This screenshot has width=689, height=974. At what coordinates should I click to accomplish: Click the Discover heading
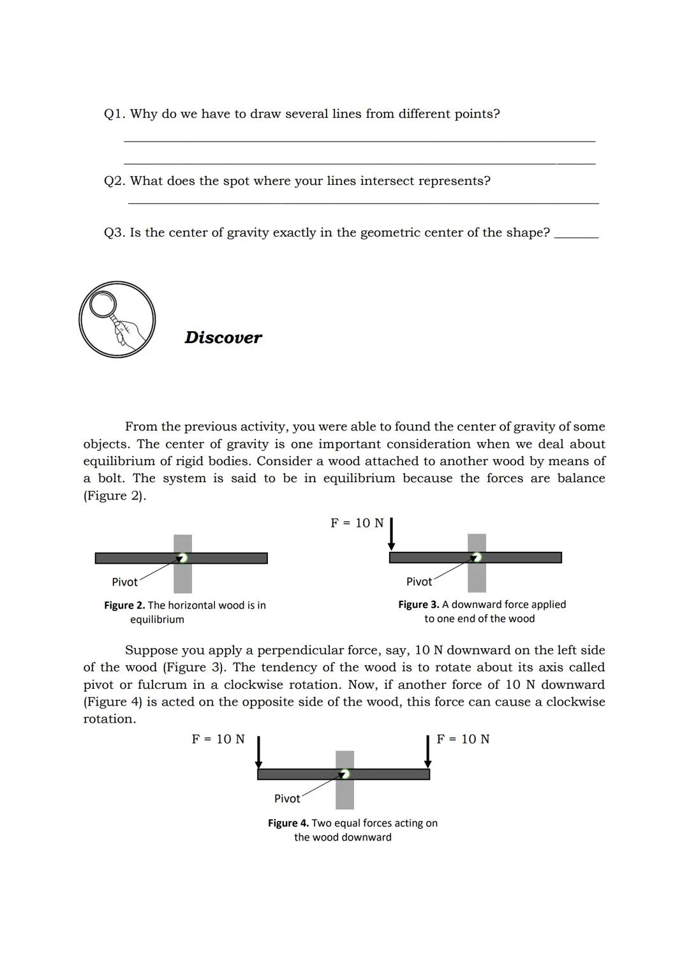pos(223,337)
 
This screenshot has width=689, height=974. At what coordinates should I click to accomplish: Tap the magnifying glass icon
pos(117,319)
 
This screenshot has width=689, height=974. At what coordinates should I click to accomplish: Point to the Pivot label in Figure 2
pos(124,582)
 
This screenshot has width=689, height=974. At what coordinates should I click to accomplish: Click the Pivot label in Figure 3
pos(419,581)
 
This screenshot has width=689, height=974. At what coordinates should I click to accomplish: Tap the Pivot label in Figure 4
pos(287,798)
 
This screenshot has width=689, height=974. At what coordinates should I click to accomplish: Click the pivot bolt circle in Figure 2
pos(183,558)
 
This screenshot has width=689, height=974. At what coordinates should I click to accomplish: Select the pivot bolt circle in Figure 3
pos(477,557)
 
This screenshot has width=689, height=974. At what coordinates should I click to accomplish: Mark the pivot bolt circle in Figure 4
pos(345,774)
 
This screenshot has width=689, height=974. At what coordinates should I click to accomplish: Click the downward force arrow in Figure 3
pos(392,534)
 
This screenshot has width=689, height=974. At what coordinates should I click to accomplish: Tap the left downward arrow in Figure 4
pos(259,752)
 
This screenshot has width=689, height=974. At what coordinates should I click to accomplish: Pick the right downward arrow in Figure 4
pos(428,752)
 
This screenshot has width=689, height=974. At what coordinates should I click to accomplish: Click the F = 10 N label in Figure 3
pos(357,523)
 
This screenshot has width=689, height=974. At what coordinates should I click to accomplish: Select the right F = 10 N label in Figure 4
pos(463,739)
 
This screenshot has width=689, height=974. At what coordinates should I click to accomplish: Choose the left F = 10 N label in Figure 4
pos(218,739)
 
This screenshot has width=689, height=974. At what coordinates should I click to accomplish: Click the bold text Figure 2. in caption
pos(124,605)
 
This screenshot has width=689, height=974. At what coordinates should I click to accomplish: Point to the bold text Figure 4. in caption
pos(288,823)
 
